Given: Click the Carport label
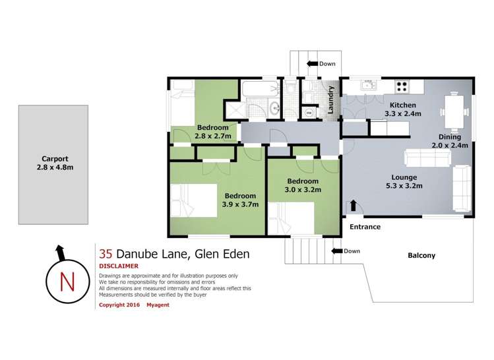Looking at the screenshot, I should point(55,159).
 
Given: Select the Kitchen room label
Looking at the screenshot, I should point(402,105).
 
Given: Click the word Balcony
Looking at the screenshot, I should point(421,255).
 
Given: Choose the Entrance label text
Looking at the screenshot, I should point(365,227).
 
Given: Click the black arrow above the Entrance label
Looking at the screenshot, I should point(354,206).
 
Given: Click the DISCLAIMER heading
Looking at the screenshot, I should point(119,266).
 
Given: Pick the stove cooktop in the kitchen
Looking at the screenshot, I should point(402,86).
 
